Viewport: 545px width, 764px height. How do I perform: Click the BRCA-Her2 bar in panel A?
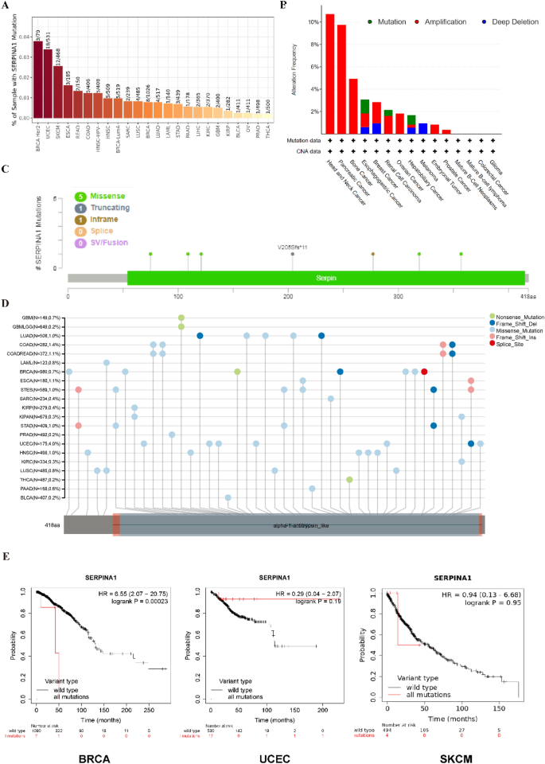37,80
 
